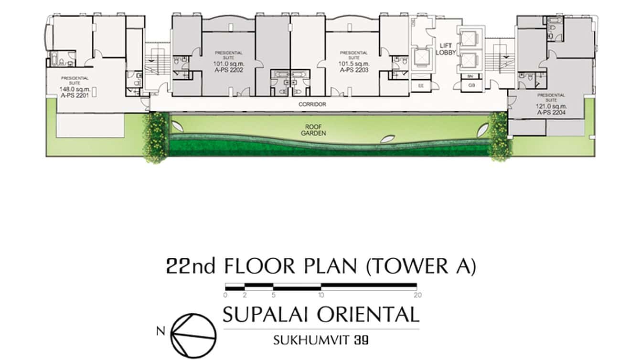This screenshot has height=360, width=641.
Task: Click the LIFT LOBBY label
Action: tap(448, 49)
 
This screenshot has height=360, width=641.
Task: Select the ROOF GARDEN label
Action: tap(313, 130)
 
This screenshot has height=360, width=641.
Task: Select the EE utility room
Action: tap(421, 86)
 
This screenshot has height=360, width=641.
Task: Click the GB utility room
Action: tap(471, 86)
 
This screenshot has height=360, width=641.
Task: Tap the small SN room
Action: tap(470, 76)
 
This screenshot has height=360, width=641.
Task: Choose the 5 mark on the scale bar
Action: tap(273, 295)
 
